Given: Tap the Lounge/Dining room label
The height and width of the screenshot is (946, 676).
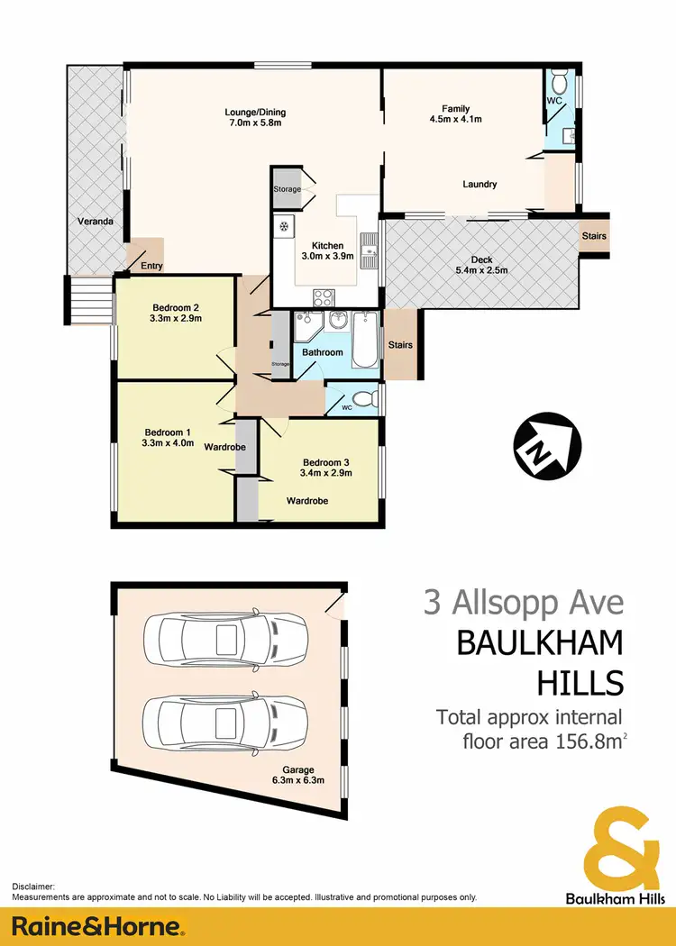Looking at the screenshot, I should tap(254, 113).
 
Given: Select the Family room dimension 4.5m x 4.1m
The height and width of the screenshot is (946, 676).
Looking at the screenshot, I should tap(455, 118).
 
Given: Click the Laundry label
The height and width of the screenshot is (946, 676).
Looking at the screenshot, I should tap(480, 185).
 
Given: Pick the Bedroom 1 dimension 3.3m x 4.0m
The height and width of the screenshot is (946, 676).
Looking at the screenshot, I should tap(168, 442).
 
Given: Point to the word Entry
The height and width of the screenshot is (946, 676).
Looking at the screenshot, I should tap(151, 265).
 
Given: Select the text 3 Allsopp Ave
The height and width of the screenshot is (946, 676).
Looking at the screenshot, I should tap(523, 602).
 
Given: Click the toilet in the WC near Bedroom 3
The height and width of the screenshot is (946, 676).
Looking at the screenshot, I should tap(362, 399).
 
